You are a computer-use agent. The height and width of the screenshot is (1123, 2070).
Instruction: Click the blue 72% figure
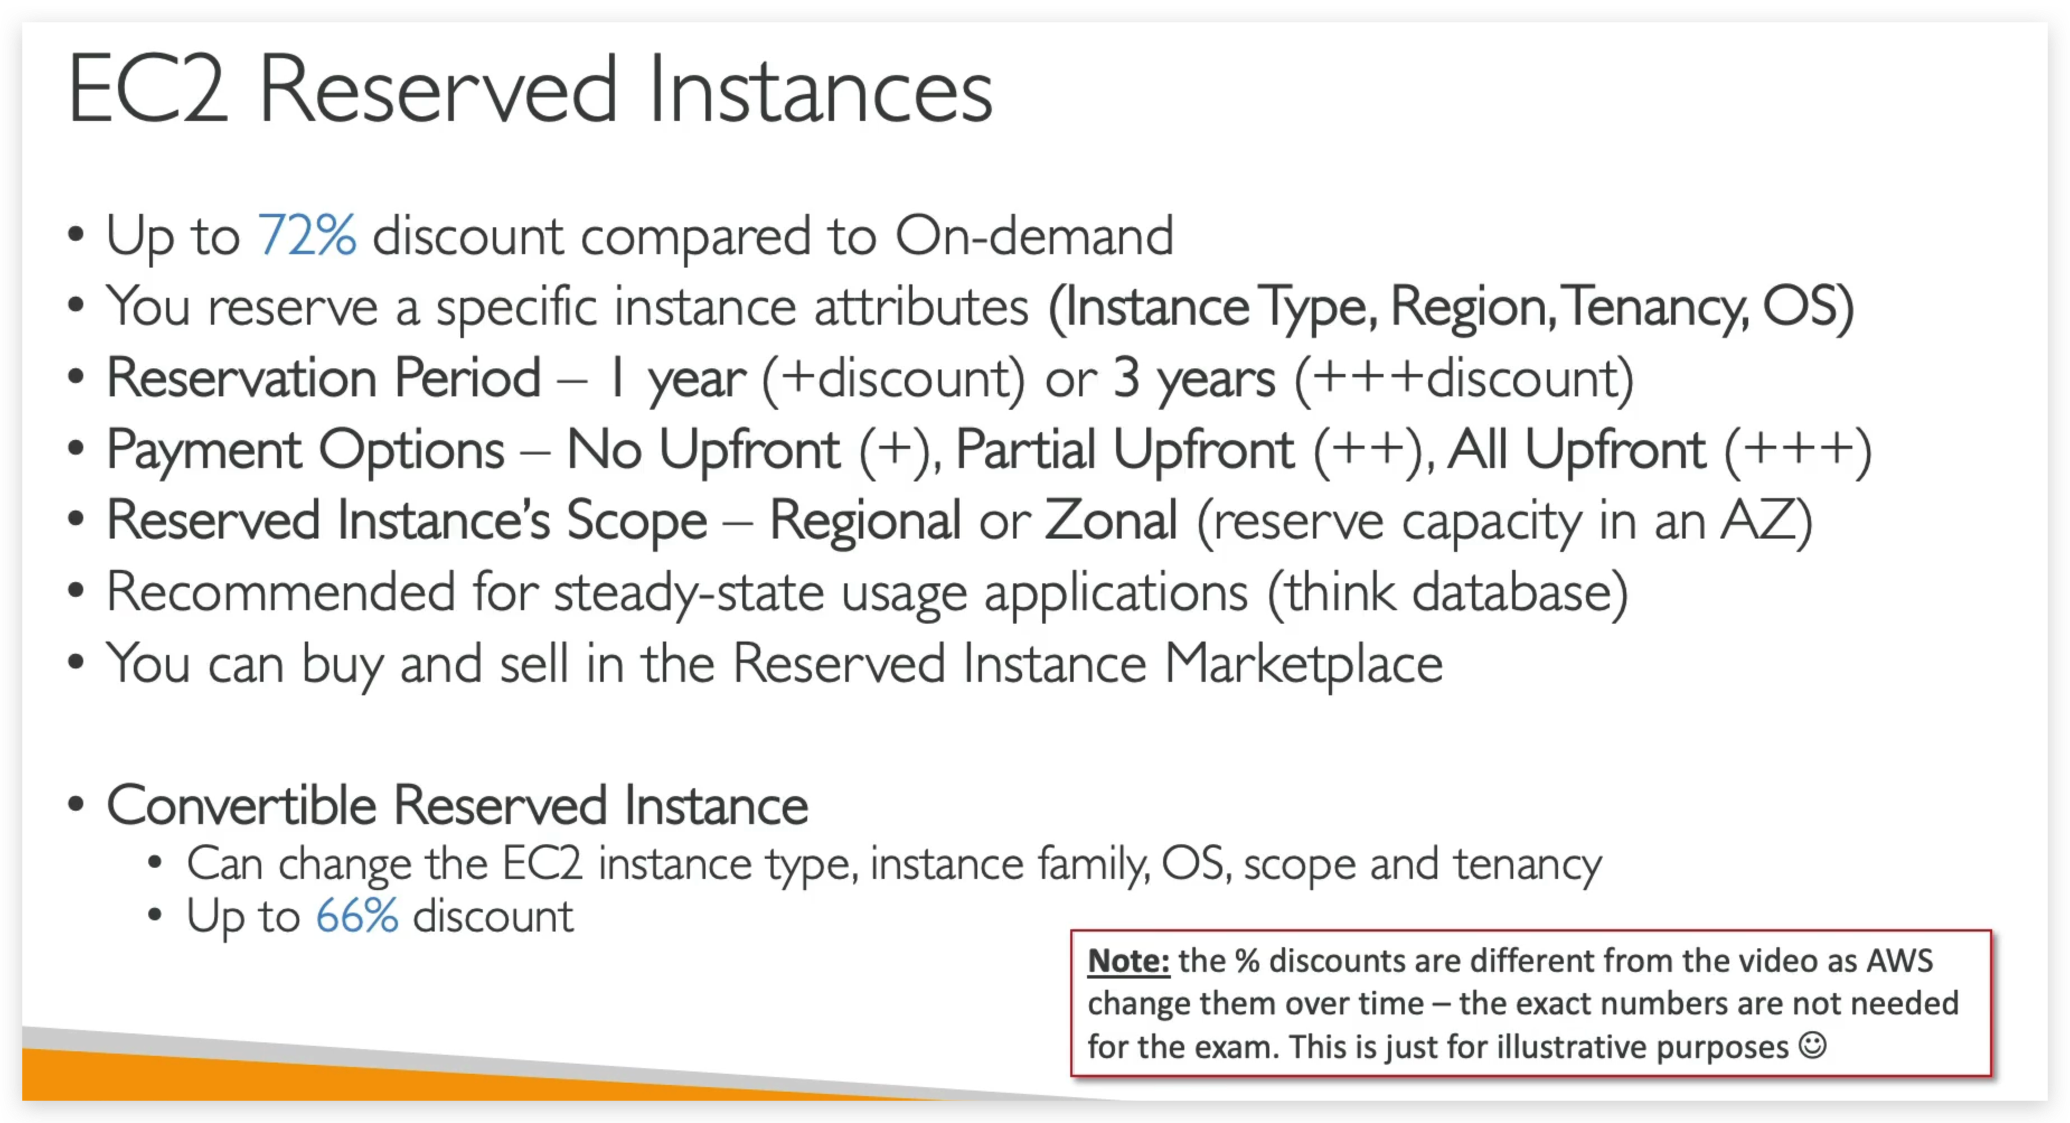[x=306, y=236]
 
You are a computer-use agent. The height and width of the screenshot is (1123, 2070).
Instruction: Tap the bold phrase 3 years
[x=1193, y=378]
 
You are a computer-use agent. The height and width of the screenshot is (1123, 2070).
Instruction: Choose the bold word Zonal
[x=1111, y=520]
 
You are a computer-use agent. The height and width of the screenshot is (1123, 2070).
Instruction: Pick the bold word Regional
[x=864, y=520]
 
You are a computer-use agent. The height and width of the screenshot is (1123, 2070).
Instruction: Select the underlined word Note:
[x=1127, y=961]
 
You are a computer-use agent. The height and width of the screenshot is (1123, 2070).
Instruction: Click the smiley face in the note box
[x=1813, y=1045]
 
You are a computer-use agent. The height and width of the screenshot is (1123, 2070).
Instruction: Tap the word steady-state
[x=689, y=592]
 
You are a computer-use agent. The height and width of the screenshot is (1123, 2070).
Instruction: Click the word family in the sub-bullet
[x=1093, y=864]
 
